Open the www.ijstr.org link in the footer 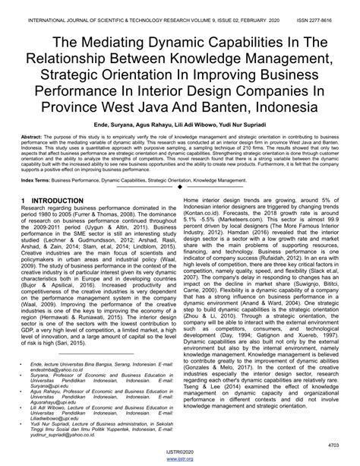click(180, 459)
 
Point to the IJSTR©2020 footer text click(180, 452)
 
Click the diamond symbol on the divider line click(180, 186)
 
